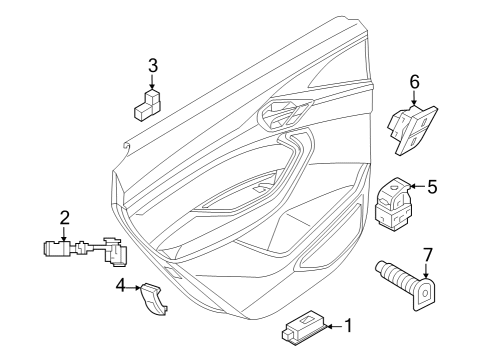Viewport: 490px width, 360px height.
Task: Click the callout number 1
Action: pos(348,326)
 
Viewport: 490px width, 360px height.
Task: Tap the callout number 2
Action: pos(65,218)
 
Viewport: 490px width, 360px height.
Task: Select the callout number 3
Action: pos(153,66)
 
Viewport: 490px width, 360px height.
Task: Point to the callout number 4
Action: pos(121,286)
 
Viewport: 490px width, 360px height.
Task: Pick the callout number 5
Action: pos(432,187)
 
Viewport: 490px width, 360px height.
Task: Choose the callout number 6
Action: pos(414,82)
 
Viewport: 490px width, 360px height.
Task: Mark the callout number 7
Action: pos(427,255)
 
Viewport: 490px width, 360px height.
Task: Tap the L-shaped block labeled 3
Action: pos(147,104)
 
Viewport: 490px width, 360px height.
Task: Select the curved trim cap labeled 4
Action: pos(153,298)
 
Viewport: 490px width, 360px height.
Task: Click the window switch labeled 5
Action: pos(393,203)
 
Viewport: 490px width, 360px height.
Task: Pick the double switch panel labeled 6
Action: pos(412,130)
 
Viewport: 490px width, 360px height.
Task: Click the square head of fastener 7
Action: pos(425,294)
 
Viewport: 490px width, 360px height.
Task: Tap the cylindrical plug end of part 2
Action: pos(56,249)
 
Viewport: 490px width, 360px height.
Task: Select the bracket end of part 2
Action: pos(115,252)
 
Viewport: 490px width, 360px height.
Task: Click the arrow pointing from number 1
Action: pos(334,327)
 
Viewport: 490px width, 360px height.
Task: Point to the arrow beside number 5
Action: pos(417,186)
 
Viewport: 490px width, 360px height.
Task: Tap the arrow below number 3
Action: pos(153,82)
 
